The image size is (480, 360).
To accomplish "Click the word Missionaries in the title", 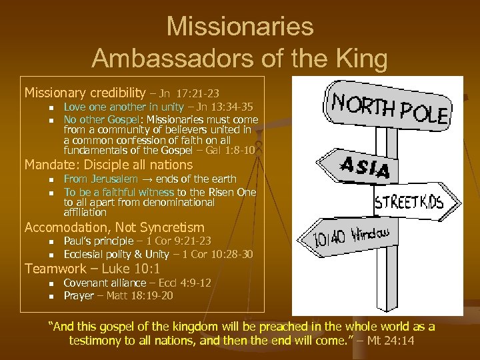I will [240, 27].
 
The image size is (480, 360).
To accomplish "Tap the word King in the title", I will [361, 59].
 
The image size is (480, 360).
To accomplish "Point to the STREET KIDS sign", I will [409, 202].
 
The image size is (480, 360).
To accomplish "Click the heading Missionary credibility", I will [85, 93].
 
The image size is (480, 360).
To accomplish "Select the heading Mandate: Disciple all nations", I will [109, 165].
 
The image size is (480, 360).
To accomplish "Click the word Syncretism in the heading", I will [169, 227].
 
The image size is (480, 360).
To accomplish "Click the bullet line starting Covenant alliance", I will [137, 283].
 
